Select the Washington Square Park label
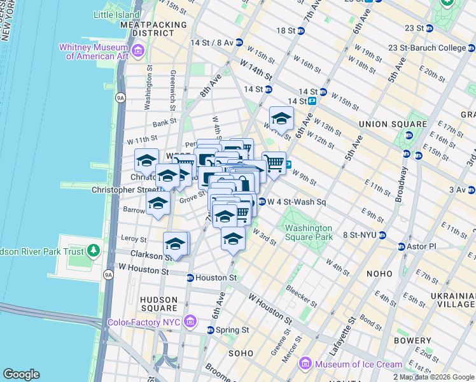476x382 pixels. tap(309, 232)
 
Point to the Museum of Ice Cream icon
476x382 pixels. tap(305, 364)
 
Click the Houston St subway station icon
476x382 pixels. tap(190, 278)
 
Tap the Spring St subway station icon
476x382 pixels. tap(211, 330)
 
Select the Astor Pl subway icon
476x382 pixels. tap(402, 246)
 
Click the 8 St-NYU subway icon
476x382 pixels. tap(382, 235)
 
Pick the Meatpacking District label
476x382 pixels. tap(153, 29)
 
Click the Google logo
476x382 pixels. tap(22, 374)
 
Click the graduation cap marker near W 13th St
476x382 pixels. tap(281, 118)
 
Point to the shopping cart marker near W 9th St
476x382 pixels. tap(274, 163)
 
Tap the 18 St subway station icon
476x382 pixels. tap(302, 31)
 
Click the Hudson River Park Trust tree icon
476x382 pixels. tap(94, 251)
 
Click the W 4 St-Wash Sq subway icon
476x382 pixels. tap(261, 202)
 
